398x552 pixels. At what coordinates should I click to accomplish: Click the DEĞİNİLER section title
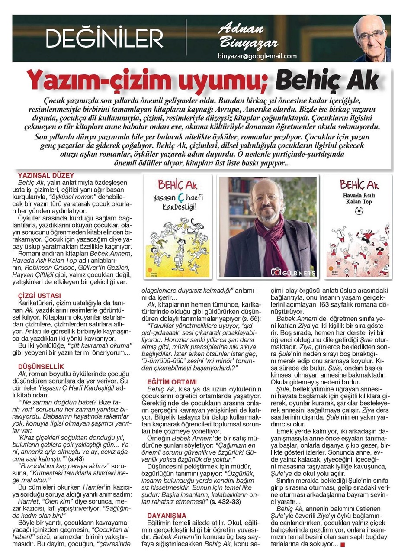tap(105, 39)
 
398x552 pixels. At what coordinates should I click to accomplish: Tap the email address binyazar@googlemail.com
tap(258, 56)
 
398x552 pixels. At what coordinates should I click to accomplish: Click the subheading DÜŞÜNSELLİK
tap(42, 366)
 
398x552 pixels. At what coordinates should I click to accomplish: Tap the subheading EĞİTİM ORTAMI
tap(172, 382)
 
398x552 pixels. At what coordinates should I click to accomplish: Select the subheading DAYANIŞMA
tap(167, 516)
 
